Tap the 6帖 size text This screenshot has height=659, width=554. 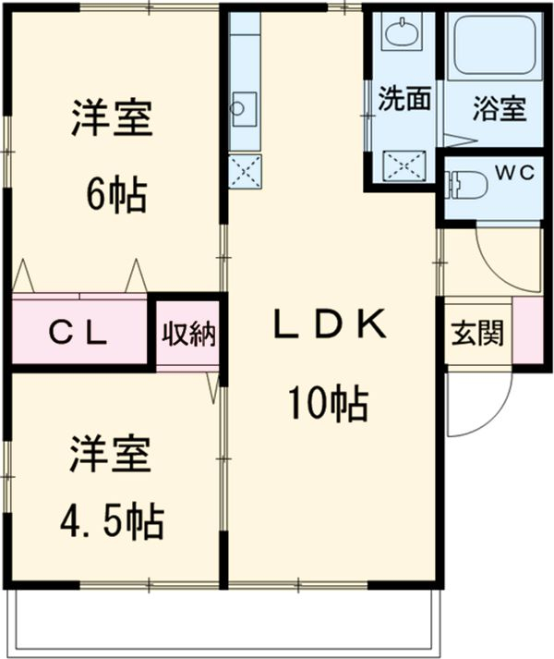tap(115, 194)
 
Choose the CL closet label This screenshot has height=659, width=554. tap(78, 332)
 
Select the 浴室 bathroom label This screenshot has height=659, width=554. tap(499, 108)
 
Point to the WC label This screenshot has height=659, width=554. tap(506, 172)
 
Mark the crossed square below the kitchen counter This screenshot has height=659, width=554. tap(245, 171)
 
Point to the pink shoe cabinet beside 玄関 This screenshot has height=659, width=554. tap(526, 330)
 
